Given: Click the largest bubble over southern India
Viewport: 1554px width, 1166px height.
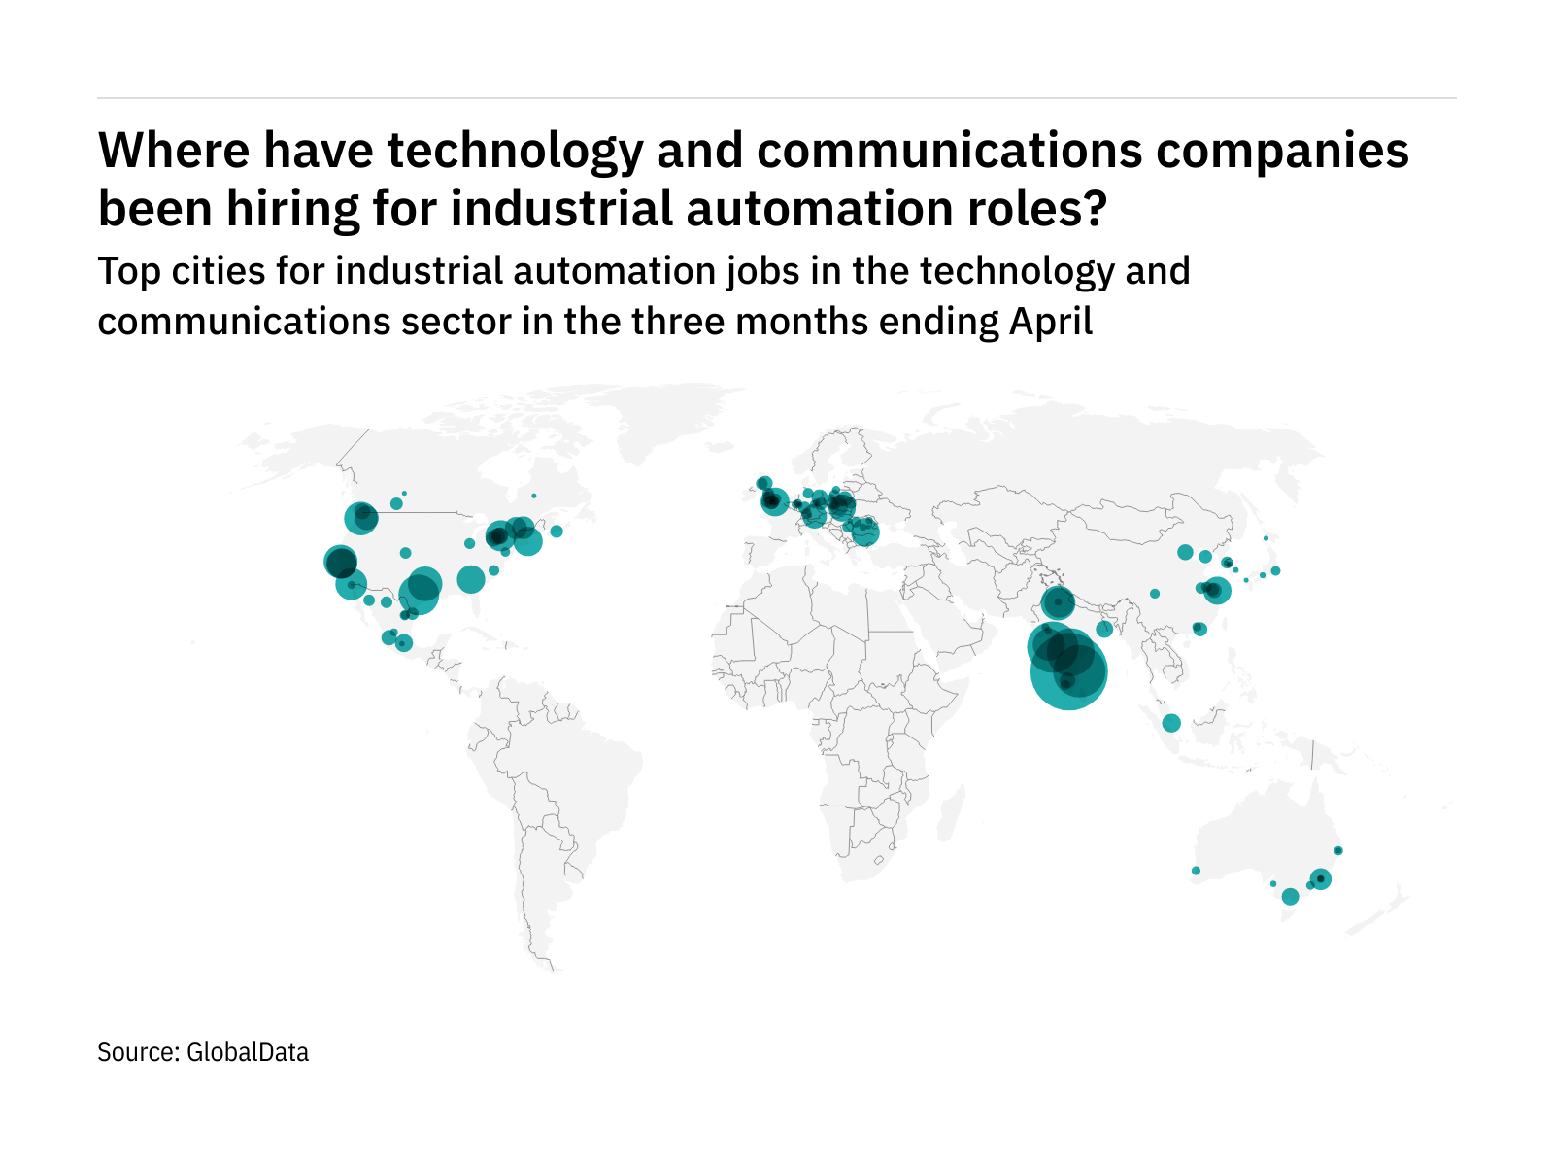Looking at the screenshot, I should tap(1068, 671).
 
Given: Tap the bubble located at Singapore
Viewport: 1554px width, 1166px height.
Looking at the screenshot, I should tap(1171, 723).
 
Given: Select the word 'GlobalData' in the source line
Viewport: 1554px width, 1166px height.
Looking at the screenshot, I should tap(248, 1052).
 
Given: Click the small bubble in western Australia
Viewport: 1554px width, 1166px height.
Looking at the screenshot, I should tap(1196, 871).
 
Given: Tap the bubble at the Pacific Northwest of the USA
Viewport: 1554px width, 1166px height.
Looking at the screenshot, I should tap(360, 518).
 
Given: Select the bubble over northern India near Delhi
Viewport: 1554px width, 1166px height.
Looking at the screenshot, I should tap(1058, 603).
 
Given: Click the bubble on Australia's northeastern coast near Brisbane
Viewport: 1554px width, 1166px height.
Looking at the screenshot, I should tap(1338, 851).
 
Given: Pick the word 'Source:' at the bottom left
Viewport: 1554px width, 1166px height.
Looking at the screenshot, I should tap(138, 1052).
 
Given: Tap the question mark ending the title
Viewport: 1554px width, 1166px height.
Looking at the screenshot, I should tap(1097, 208).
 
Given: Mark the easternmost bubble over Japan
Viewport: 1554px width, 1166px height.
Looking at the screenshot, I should tap(1276, 571).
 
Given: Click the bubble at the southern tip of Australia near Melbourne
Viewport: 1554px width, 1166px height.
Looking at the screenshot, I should tap(1290, 897).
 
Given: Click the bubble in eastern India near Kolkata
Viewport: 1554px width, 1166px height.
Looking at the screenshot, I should tap(1104, 630).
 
